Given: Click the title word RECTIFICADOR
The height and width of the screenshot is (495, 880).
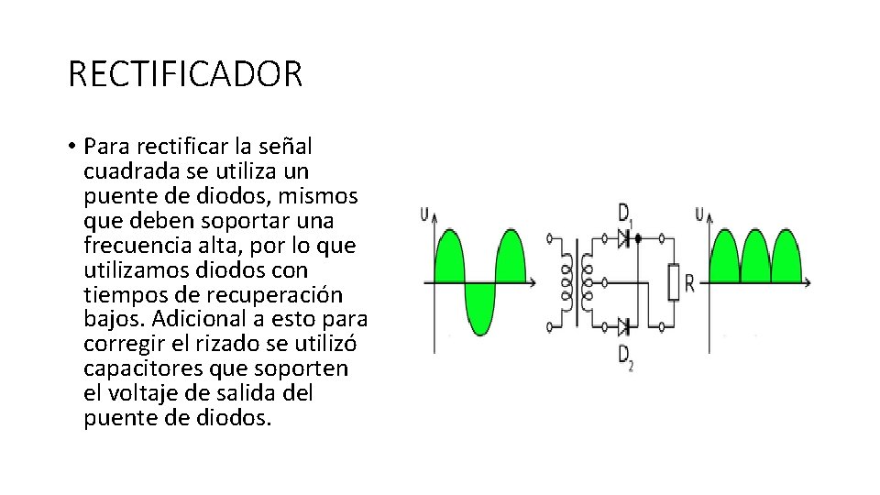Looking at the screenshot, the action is pyautogui.click(x=185, y=74).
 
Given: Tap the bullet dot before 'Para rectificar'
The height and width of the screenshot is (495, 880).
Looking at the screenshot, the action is pyautogui.click(x=71, y=147).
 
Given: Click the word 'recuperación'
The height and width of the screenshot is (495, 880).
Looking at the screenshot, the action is pyautogui.click(x=280, y=295).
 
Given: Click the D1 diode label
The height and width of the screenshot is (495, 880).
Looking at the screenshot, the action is pyautogui.click(x=624, y=217).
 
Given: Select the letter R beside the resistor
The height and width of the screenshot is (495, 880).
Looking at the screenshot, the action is pyautogui.click(x=689, y=282).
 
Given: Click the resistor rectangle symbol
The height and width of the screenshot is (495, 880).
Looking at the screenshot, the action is pyautogui.click(x=673, y=281).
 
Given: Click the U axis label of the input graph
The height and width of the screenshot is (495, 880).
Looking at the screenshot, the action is pyautogui.click(x=423, y=214).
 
